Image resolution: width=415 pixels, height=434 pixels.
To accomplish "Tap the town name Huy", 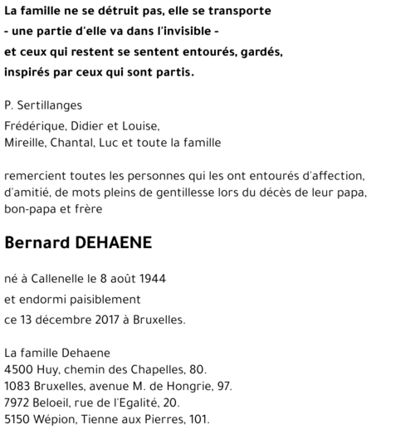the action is pyautogui.click(x=49, y=369).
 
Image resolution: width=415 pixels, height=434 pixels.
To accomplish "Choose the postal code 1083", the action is pyautogui.click(x=17, y=386).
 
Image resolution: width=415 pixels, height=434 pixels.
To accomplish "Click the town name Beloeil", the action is pyautogui.click(x=56, y=402).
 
